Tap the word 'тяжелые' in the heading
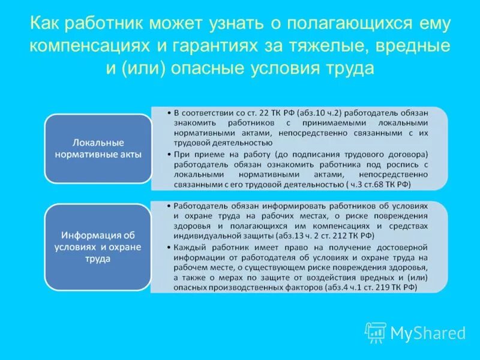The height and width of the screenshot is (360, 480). coord(320,46)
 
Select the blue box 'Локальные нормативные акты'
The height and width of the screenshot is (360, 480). coord(98,149)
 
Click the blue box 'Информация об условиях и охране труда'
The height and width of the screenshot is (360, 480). coord(98,247)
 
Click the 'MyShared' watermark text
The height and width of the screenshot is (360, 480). coord(427,333)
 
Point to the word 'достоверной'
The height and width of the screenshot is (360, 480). coord(396,247)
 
